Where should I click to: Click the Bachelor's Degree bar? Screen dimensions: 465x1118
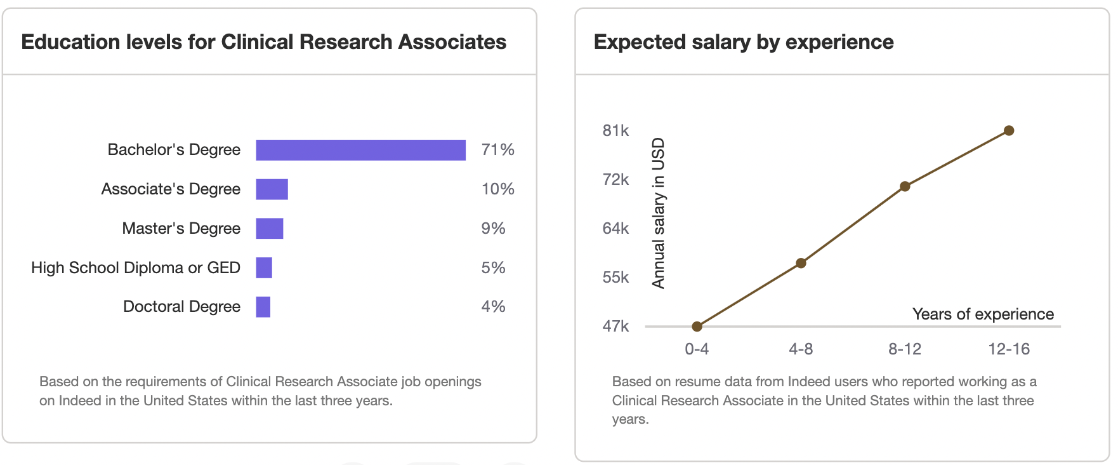[360, 150]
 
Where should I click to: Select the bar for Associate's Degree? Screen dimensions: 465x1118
[272, 189]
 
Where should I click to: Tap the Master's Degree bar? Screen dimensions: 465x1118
[269, 229]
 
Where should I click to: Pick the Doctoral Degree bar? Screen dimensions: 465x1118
[263, 307]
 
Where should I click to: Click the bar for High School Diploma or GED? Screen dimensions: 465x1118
[264, 268]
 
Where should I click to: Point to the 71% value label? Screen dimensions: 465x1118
[497, 150]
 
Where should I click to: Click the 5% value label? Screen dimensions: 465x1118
[493, 268]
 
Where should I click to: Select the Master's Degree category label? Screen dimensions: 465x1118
[181, 229]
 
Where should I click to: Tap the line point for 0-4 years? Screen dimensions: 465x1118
[697, 327]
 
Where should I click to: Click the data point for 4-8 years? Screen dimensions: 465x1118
[801, 263]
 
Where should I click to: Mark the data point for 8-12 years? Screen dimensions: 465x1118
[905, 186]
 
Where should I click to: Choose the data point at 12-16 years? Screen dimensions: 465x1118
[1009, 131]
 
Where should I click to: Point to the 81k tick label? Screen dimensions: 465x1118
[615, 131]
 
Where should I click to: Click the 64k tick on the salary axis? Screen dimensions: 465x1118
[615, 229]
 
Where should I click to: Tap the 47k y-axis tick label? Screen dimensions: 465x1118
[615, 327]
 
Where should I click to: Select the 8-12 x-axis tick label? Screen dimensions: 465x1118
[905, 349]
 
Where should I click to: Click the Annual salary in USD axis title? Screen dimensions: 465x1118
[659, 213]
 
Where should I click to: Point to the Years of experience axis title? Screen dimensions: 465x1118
[982, 314]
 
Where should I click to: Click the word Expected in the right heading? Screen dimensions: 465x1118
[640, 43]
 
